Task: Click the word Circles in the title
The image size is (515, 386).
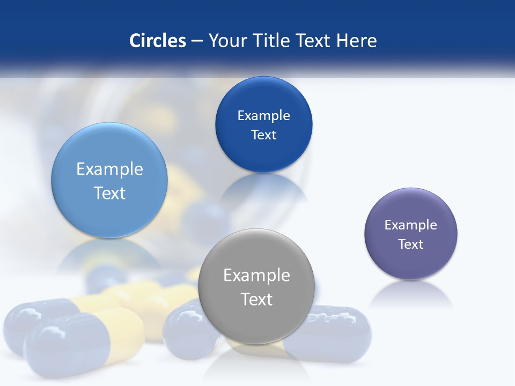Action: [157, 40]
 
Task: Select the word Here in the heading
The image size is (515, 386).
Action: [356, 40]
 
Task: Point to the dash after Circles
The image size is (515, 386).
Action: [196, 41]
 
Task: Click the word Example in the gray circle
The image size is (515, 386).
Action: [256, 275]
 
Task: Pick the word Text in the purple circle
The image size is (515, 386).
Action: [411, 244]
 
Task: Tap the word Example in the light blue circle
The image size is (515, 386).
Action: [109, 169]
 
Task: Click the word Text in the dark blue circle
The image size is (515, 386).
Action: [263, 135]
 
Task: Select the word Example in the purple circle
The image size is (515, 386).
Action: [411, 225]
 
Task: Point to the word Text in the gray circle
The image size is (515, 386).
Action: [256, 299]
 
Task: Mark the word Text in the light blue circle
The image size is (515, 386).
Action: [109, 193]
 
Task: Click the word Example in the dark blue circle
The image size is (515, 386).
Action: [263, 116]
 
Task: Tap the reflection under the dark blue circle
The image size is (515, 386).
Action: [263, 188]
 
